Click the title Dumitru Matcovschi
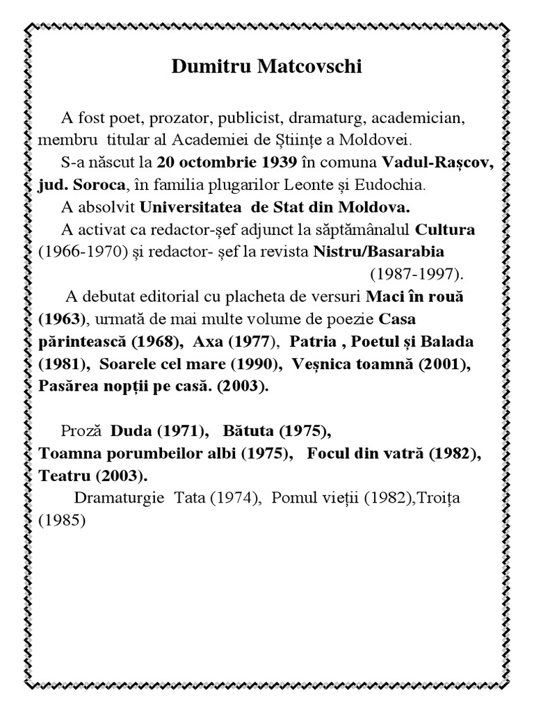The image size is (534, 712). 267,67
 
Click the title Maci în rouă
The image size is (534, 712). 414,297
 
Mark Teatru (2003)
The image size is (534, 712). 93,476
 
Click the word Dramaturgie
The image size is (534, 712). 118,498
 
